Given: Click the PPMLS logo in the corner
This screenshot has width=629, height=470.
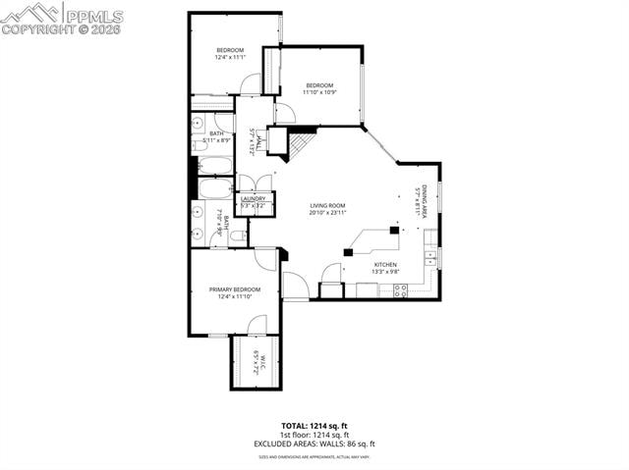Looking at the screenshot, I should point(62,18).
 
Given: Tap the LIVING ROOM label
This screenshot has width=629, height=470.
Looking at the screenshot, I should point(327,205).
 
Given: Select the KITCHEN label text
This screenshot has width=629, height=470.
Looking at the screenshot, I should point(385,265).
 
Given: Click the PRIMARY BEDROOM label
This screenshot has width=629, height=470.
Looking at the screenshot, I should point(235,289).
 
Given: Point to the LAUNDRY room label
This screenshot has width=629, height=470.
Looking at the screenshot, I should point(254,199).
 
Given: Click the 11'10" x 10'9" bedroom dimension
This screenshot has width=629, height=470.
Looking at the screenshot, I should point(319,94).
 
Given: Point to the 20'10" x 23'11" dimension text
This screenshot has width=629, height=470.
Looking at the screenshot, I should point(327,213).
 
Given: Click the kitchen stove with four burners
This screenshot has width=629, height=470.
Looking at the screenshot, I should point(401,289).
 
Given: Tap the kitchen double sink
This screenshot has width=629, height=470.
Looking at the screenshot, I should point(430,258).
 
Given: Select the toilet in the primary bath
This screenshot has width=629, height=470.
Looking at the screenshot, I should point(238,235).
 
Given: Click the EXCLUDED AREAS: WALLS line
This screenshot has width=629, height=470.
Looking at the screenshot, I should point(314,443).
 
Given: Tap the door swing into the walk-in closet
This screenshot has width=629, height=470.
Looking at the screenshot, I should point(256,325).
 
